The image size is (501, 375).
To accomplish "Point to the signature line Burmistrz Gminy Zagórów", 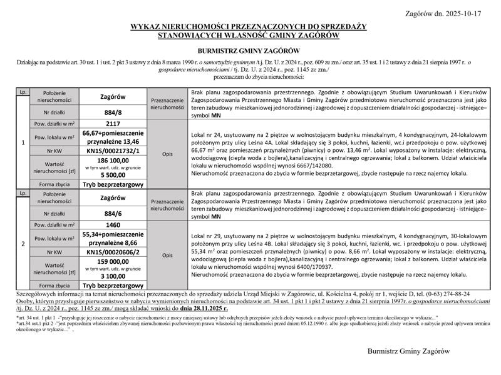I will tap(408, 352).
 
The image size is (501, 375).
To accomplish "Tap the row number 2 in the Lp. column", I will tap(23, 244).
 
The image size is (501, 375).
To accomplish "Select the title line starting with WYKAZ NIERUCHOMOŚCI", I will tap(248, 27).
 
